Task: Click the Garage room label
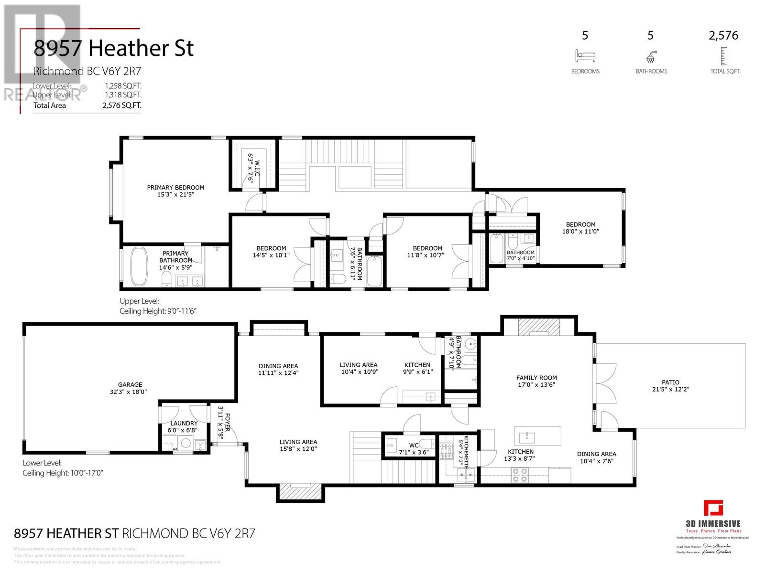pos(130,384)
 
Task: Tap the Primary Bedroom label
pos(175,188)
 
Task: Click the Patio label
pos(670,382)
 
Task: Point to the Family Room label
pos(536,378)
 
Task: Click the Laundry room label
pos(184,424)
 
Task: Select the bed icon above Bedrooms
pos(585,56)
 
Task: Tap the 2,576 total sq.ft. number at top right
pos(724,35)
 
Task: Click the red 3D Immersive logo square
pos(713,508)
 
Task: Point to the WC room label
pos(414,446)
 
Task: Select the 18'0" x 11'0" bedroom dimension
pos(581,232)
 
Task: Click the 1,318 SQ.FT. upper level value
pos(123,95)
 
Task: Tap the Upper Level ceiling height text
pos(158,311)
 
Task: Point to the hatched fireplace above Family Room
pos(539,328)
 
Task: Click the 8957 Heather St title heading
pos(113,49)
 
